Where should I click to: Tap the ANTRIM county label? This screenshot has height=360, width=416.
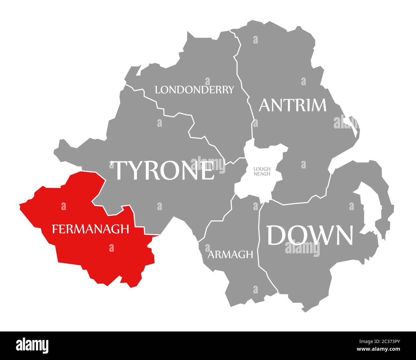[x=292, y=105]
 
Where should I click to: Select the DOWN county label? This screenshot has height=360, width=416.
[x=310, y=235]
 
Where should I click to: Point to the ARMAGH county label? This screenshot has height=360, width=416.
[x=230, y=255]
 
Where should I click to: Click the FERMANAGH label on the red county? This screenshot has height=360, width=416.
[x=91, y=229]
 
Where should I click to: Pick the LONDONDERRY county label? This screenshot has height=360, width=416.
[x=194, y=90]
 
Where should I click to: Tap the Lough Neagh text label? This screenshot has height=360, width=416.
[x=262, y=171]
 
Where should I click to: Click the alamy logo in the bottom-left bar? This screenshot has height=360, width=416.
[x=32, y=345]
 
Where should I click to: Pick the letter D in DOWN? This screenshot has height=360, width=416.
[x=277, y=235]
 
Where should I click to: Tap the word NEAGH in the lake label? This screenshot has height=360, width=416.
[x=262, y=174]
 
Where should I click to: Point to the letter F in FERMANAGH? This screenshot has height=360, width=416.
[x=55, y=229]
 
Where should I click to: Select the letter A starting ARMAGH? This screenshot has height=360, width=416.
[x=211, y=255]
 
